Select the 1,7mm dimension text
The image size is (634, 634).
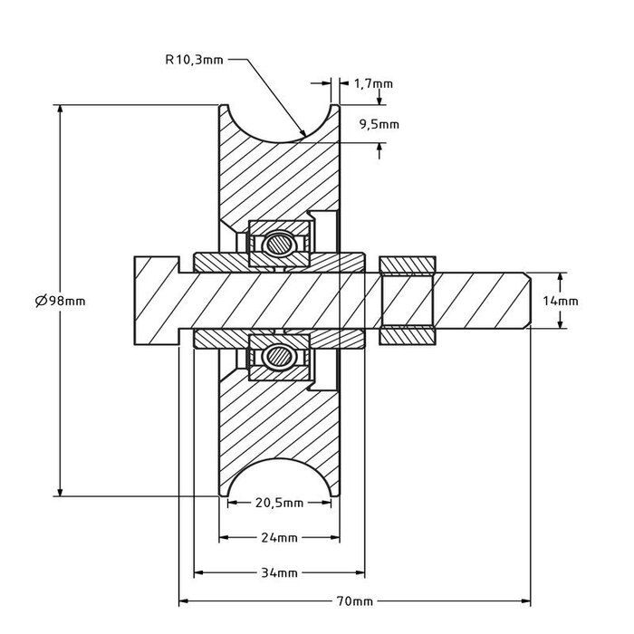pyautogui.click(x=374, y=83)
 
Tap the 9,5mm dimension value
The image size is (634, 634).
pyautogui.click(x=378, y=124)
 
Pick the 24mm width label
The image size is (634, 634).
pyautogui.click(x=280, y=538)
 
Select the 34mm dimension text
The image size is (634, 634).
pyautogui.click(x=280, y=572)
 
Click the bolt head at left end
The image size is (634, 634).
pyautogui.click(x=155, y=301)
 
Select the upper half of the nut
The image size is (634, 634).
pyautogui.click(x=408, y=264)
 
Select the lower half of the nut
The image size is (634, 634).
pyautogui.click(x=408, y=336)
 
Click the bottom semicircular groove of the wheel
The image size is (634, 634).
pyautogui.click(x=280, y=481)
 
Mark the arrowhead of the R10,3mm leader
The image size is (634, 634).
pyautogui.click(x=302, y=136)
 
